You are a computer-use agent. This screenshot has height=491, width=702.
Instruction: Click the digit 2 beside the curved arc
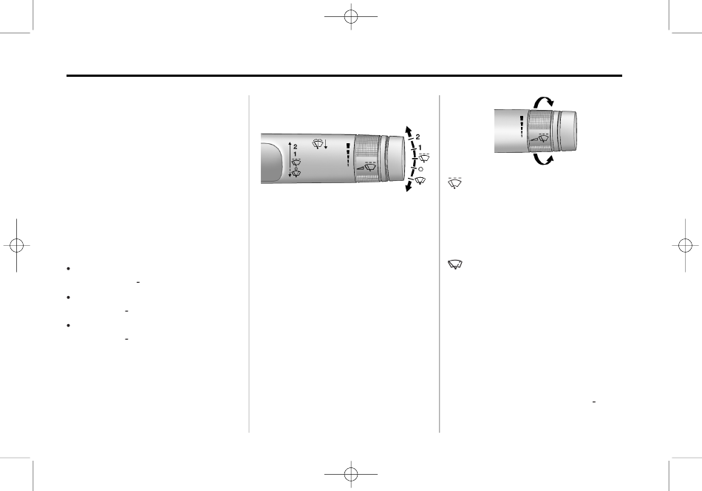pyautogui.click(x=418, y=137)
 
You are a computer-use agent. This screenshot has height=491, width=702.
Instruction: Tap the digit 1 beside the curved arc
pyautogui.click(x=420, y=148)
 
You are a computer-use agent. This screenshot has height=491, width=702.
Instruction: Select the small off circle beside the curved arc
pyautogui.click(x=420, y=170)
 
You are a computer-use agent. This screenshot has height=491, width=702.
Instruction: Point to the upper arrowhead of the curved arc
pyautogui.click(x=408, y=130)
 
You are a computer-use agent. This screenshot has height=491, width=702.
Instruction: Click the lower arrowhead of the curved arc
pyautogui.click(x=408, y=188)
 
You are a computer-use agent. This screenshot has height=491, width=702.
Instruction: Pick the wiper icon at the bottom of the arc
pyautogui.click(x=420, y=181)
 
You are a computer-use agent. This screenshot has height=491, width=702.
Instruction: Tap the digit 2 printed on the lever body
pyautogui.click(x=295, y=147)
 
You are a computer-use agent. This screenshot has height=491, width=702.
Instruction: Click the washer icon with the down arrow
pyautogui.click(x=320, y=143)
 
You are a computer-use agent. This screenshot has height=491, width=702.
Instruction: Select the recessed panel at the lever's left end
pyautogui.click(x=271, y=162)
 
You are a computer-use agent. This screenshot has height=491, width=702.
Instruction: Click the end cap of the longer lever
pyautogui.click(x=395, y=158)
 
